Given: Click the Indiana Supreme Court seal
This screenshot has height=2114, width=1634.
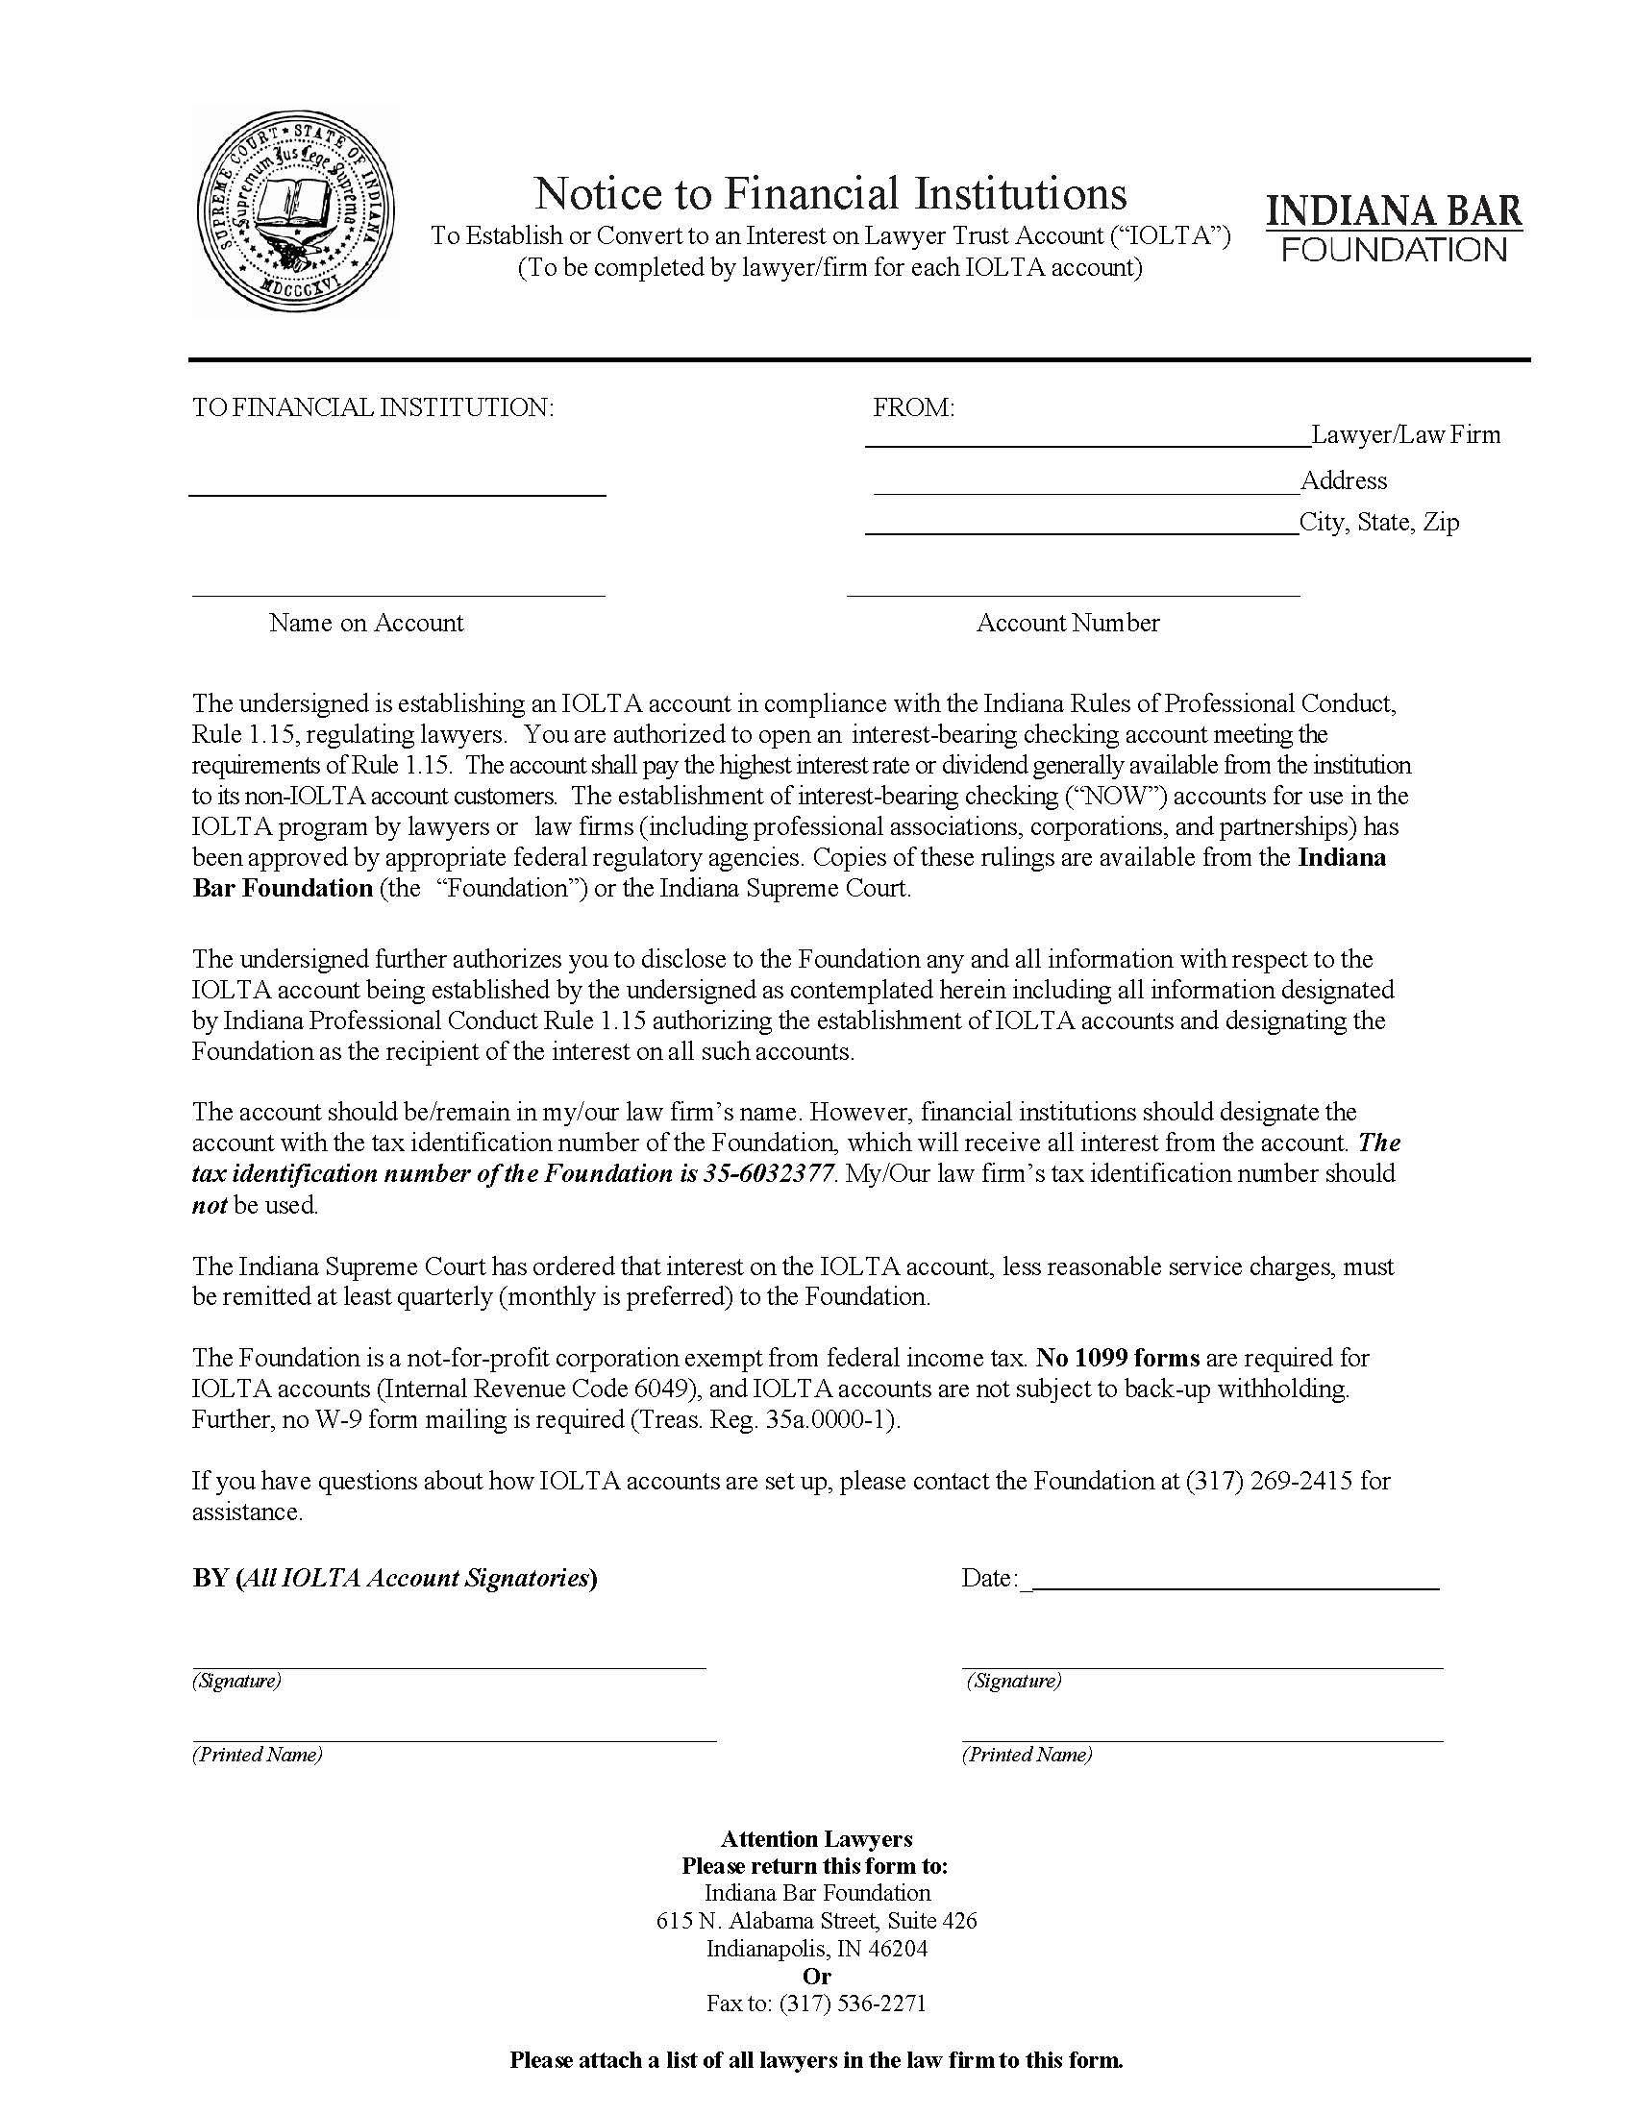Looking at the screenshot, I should coord(294,211).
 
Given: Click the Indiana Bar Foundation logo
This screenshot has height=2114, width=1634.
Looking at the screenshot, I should coord(1393,229).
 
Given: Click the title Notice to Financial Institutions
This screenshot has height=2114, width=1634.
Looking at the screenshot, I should coord(829,192).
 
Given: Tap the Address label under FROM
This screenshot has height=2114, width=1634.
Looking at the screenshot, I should coord(1343,481).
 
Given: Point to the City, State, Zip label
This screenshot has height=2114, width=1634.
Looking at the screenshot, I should coord(1378,523).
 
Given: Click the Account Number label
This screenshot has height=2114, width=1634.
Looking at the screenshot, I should coord(1067,623).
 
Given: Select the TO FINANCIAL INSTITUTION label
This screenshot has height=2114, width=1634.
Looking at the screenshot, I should coord(373,407).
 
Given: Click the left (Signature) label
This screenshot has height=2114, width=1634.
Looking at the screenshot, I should coord(236,1681).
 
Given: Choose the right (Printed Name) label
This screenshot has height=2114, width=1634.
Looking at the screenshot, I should coord(1027,1755).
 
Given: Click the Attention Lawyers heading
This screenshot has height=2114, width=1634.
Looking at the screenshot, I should coord(816,1838).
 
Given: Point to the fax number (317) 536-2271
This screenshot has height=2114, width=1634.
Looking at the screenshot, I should coord(852,2003).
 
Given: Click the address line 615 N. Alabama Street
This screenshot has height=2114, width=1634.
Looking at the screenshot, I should coord(816,1921).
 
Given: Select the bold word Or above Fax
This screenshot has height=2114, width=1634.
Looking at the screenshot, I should coord(816,1976).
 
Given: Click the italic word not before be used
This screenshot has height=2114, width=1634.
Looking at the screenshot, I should coord(210,1205).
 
